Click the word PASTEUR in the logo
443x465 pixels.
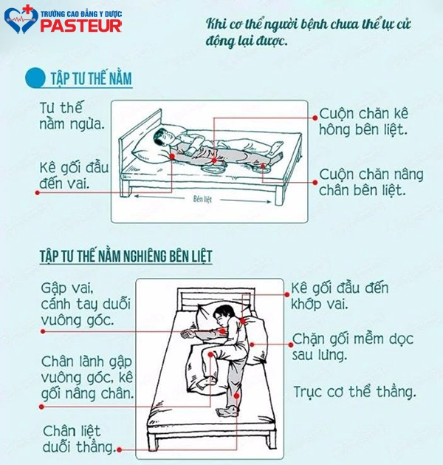(80, 25)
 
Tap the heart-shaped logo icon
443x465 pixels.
(21, 19)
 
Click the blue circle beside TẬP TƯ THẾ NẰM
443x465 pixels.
(35, 78)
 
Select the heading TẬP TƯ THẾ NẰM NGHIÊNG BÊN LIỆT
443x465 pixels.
(126, 257)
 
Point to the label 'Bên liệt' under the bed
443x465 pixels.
(202, 199)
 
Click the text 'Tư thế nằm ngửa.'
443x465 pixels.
(72, 116)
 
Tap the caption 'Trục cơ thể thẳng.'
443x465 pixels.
(354, 392)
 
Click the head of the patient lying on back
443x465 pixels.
(162, 137)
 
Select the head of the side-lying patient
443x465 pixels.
(223, 315)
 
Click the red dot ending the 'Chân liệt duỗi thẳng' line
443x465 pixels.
(120, 450)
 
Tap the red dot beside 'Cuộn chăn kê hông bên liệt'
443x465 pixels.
(315, 118)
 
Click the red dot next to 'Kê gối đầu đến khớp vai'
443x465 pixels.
(286, 294)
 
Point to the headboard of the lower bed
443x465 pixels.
(216, 299)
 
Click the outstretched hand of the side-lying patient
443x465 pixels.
(187, 333)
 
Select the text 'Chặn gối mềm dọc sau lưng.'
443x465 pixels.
(353, 347)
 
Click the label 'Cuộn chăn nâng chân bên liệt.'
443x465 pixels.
(371, 182)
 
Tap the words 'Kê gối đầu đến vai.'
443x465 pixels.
(74, 175)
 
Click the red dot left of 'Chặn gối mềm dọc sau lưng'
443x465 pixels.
(291, 344)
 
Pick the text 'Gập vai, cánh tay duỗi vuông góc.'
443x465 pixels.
(86, 305)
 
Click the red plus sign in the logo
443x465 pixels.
(27, 10)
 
